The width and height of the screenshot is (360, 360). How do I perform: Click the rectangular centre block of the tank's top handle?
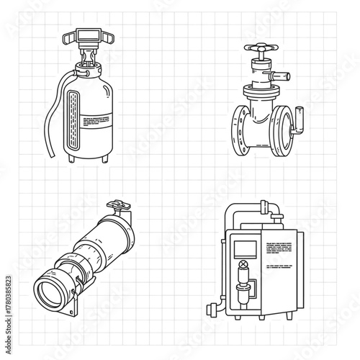pyautogui.click(x=88, y=33)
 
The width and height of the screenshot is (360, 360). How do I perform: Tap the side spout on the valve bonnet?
pyautogui.click(x=282, y=73)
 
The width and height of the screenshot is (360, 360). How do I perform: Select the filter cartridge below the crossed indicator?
pyautogui.click(x=243, y=295)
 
